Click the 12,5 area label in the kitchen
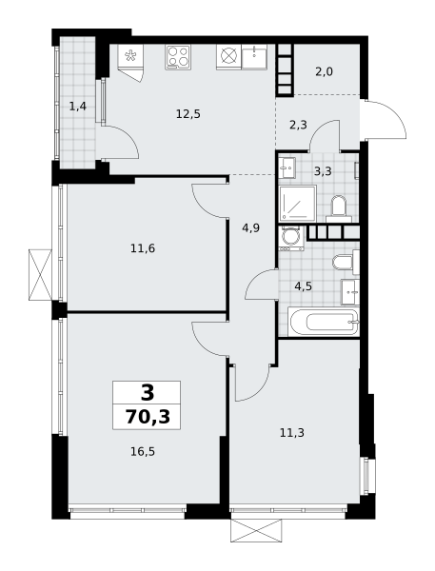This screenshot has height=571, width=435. point(188,114)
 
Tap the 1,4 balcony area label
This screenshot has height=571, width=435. point(78,107)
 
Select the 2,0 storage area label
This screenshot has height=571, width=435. point(324,71)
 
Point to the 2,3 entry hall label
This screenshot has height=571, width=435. point(298,126)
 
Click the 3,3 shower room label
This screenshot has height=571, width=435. point(323,171)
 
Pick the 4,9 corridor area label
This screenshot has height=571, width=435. point(251,228)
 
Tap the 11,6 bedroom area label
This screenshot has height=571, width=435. point(143,248)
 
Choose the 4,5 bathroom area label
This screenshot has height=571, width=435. point(303,286)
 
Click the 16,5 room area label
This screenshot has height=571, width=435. point(143,452)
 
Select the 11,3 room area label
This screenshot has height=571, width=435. point(292,433)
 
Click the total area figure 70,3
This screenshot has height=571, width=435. point(148,417)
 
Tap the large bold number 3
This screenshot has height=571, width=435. point(148,393)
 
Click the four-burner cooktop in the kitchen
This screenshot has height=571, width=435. point(178,57)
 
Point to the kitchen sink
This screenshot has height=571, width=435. point(254,57)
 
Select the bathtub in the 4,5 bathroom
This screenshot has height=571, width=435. point(324,322)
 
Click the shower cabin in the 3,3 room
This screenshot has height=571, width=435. point(298,204)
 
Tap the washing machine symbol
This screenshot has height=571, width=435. point(291,238)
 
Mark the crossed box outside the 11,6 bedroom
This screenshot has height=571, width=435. point(40,275)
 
